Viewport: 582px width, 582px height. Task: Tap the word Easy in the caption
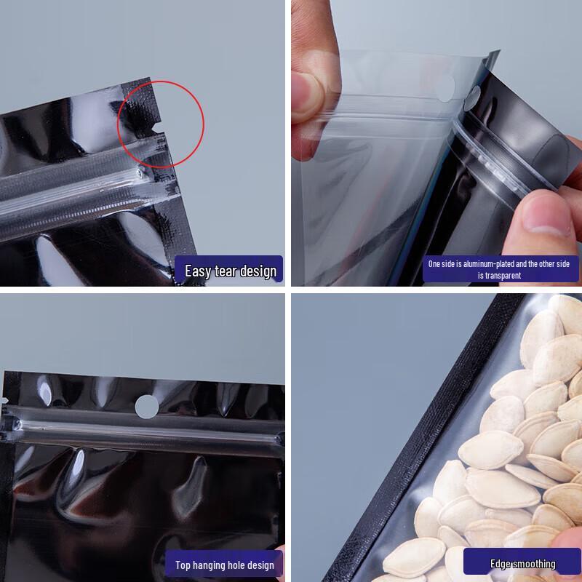[x=198, y=271]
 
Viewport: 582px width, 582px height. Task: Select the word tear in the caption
[x=226, y=271]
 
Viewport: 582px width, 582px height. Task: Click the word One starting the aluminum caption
[x=435, y=264]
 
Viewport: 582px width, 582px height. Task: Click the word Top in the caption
[x=183, y=565]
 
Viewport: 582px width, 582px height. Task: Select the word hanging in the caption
[x=211, y=565]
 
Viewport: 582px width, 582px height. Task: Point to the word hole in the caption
[x=240, y=565]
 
